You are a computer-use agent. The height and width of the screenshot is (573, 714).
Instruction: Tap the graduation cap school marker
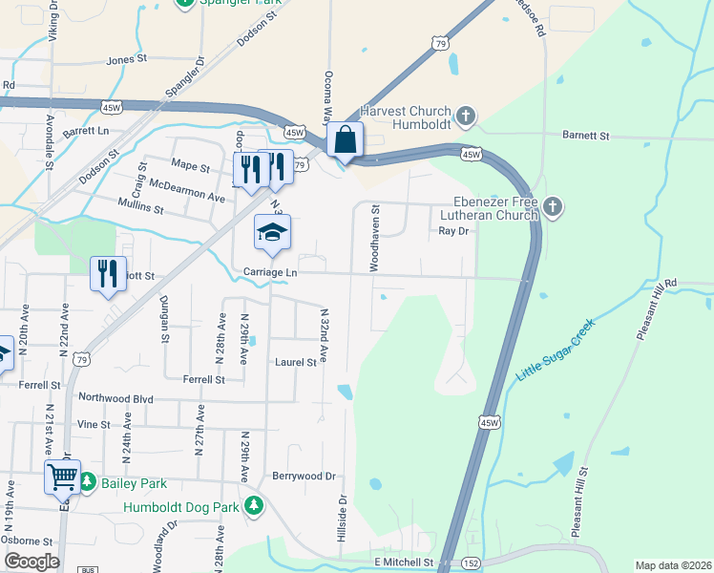pos(272,233)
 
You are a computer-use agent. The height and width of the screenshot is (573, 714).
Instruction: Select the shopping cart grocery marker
pos(63,476)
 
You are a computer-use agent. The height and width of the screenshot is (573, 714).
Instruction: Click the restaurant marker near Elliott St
pos(108,274)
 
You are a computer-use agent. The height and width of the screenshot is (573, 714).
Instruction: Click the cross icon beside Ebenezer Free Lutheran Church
pos(552,206)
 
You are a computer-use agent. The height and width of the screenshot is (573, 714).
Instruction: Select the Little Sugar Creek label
pos(555,351)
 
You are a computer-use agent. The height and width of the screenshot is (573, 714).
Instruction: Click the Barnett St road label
pos(585,137)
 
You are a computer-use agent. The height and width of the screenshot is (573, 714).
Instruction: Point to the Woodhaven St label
pos(375,239)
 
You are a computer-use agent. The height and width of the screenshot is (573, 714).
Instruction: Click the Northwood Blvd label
pos(115,398)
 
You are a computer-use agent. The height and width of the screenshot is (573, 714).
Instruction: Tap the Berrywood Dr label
pos(304,476)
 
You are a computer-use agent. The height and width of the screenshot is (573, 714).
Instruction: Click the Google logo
pos(31,562)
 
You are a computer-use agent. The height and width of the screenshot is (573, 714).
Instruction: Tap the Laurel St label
pos(296,363)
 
